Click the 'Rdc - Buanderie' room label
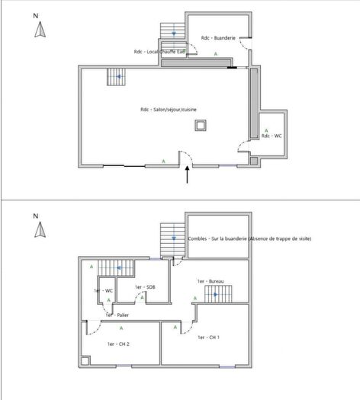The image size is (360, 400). tap(217, 37)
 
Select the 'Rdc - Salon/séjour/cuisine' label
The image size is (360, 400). tap(169, 109)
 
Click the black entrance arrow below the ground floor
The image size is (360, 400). tap(188, 175)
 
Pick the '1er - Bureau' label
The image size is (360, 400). tap(210, 281)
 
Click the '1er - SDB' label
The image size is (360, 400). tap(144, 286)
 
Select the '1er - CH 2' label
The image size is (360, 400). tap(117, 344)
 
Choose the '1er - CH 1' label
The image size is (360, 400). tap(208, 337)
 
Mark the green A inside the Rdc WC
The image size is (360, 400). tap(265, 130)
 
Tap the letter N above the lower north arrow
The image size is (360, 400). tap(35, 216)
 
